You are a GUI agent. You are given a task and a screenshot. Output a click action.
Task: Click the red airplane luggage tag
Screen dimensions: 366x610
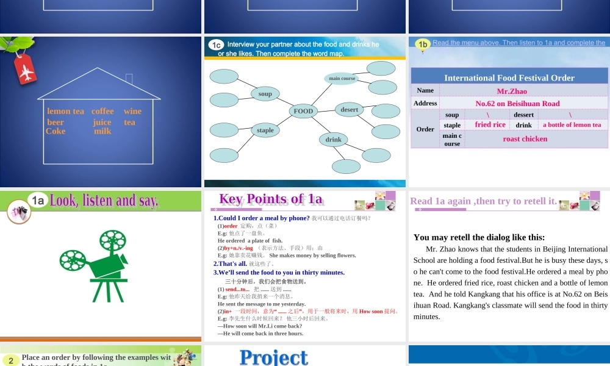(26, 68)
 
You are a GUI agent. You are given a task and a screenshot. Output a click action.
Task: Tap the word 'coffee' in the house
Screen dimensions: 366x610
(102, 111)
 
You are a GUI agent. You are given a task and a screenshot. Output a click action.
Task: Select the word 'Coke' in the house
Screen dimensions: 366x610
(56, 131)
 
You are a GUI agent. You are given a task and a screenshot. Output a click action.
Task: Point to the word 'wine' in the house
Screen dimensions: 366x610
(132, 111)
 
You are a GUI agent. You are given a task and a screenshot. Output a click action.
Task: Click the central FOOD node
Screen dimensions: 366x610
(303, 111)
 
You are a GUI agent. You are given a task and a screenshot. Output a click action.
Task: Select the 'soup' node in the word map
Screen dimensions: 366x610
(265, 94)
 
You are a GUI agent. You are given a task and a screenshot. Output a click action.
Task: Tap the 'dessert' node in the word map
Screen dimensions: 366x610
(350, 110)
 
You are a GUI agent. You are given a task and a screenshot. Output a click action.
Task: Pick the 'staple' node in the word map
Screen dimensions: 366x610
(265, 130)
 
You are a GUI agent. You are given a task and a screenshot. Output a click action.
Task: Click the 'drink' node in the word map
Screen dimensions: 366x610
(334, 140)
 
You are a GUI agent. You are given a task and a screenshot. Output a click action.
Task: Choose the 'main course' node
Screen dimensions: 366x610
(342, 78)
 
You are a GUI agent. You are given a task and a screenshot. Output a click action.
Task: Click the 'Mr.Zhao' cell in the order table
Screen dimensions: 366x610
(512, 91)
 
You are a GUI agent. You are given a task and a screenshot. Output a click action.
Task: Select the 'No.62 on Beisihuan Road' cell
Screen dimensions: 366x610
(517, 103)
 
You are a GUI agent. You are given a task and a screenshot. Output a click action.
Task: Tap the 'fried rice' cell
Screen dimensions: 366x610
(490, 124)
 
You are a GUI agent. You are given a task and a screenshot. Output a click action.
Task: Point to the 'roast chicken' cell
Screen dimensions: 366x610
(525, 138)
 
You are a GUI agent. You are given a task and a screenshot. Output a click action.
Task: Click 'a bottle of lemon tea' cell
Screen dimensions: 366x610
(572, 124)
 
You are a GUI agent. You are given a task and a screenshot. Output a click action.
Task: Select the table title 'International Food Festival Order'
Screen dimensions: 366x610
(509, 77)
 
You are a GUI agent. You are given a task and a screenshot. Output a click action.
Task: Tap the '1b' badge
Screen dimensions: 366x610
(423, 44)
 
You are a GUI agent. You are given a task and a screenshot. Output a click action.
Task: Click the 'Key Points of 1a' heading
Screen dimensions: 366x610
(271, 199)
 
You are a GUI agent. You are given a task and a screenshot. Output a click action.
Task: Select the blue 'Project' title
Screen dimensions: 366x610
(274, 357)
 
